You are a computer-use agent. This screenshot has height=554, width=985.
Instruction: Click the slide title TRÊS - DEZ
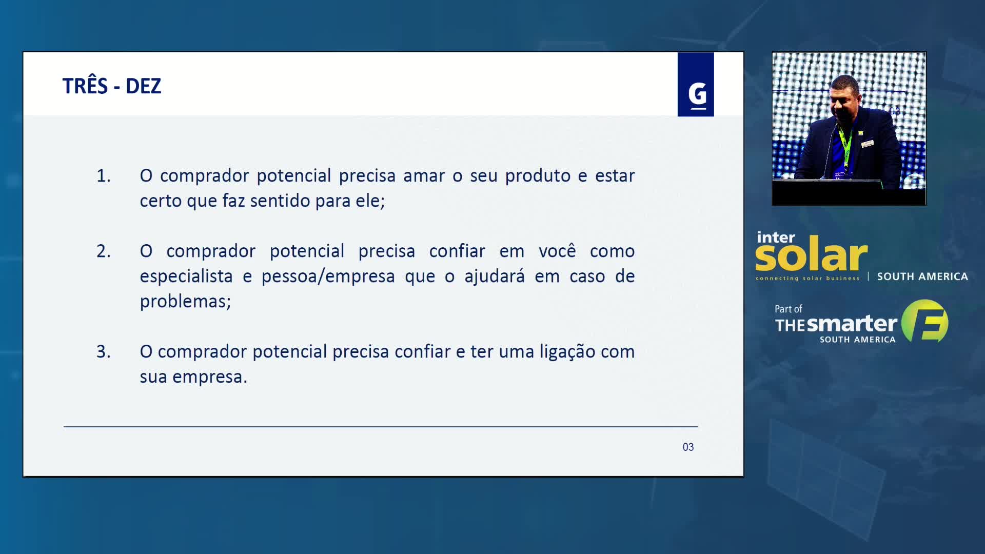[112, 86]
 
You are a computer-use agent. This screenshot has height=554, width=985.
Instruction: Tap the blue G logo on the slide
[696, 85]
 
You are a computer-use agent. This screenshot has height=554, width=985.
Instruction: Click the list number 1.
[104, 176]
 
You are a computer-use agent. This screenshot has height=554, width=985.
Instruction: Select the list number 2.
[104, 251]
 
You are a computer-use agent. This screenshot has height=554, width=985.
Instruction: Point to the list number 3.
[104, 352]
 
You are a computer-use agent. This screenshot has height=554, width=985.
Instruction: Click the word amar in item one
[424, 176]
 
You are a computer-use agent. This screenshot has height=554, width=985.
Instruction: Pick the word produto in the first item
[538, 176]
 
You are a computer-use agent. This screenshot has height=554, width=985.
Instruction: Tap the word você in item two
[557, 251]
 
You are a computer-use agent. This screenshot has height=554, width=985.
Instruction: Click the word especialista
[186, 276]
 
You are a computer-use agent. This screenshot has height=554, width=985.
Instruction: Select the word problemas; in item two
[185, 302]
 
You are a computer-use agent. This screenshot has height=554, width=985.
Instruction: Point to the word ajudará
[495, 276]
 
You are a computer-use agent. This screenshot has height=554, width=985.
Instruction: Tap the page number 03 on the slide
[688, 447]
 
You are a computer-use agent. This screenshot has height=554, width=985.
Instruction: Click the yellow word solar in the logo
[811, 254]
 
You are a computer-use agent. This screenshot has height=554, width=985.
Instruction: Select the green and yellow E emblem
[925, 321]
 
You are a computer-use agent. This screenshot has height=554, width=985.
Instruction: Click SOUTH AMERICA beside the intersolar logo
[922, 276]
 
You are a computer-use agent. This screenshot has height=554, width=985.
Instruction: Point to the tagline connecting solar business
[807, 279]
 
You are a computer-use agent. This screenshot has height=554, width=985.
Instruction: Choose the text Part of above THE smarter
[788, 309]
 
